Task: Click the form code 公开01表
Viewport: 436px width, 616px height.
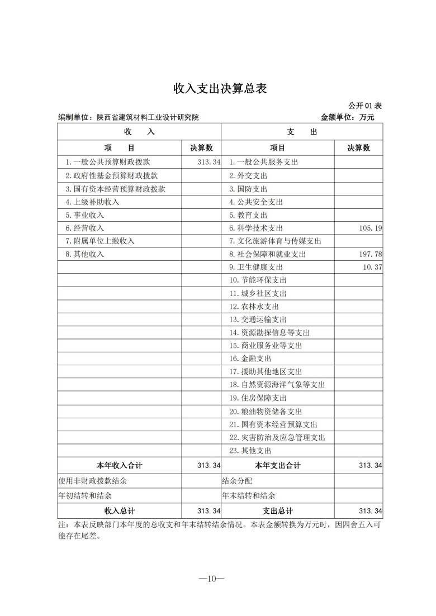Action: [x=365, y=106]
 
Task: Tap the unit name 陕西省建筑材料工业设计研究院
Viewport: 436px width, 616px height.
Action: [x=147, y=118]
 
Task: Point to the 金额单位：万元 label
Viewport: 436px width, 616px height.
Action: [x=347, y=118]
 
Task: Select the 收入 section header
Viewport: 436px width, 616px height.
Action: [x=139, y=132]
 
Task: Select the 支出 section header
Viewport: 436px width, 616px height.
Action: [x=302, y=132]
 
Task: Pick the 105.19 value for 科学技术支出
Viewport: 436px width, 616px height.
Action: [x=371, y=228]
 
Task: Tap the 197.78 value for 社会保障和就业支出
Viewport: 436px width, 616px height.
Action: [x=371, y=254]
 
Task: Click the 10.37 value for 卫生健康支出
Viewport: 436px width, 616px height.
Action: [x=372, y=267]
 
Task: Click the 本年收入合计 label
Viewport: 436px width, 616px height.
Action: [x=120, y=465]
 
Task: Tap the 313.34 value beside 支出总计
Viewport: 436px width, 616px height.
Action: [x=371, y=511]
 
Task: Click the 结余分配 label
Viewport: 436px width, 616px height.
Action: [x=237, y=480]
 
